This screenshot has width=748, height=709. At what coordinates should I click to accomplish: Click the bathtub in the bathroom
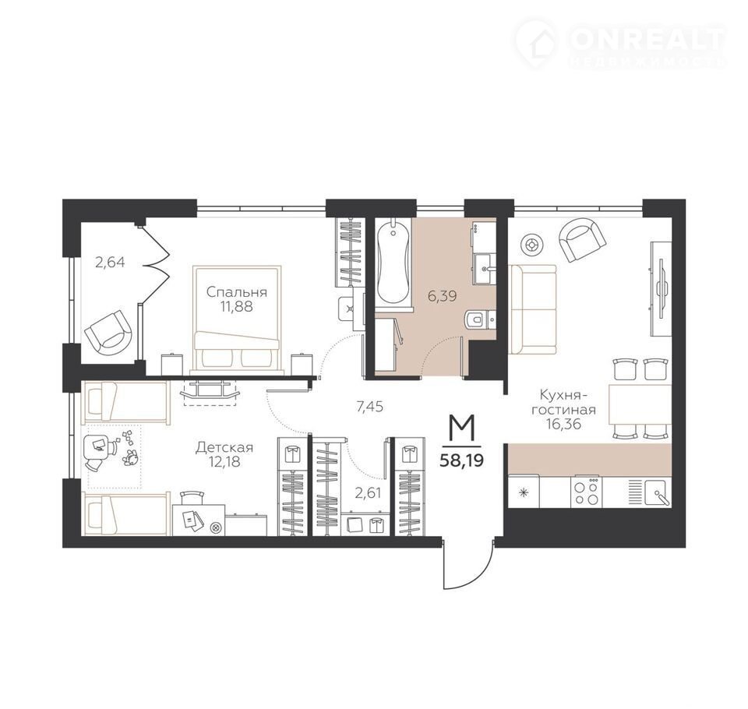tap(393, 262)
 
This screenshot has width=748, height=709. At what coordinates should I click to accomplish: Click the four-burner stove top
tap(586, 492)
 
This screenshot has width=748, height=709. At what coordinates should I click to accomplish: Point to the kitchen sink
tap(657, 492)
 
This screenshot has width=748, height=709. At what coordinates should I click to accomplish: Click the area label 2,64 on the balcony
tap(110, 263)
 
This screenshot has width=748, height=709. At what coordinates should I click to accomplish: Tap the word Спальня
tap(237, 292)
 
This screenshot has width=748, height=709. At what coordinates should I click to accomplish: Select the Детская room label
tap(224, 448)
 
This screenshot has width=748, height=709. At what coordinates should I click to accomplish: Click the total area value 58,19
tap(461, 460)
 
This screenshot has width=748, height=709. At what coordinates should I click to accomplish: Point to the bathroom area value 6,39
tap(443, 296)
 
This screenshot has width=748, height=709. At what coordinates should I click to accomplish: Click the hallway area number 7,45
tap(370, 407)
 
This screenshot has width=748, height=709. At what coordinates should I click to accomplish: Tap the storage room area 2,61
tap(368, 492)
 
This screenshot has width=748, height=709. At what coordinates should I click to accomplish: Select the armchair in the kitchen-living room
tap(582, 240)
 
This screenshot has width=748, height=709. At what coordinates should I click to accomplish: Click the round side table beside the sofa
tap(530, 245)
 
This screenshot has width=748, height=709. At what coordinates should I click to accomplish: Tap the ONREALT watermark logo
tap(621, 43)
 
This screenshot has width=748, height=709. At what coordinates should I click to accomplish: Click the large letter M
tap(462, 428)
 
